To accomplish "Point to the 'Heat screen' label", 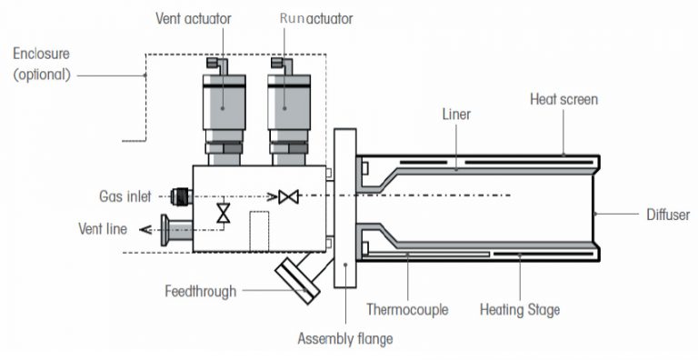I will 563,98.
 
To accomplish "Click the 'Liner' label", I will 456,115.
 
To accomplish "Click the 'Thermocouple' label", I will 406,309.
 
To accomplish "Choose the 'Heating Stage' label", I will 519,309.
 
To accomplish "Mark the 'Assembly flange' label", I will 345,339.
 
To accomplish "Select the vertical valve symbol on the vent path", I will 222,213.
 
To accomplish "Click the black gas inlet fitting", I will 180,195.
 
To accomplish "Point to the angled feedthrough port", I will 297,276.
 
